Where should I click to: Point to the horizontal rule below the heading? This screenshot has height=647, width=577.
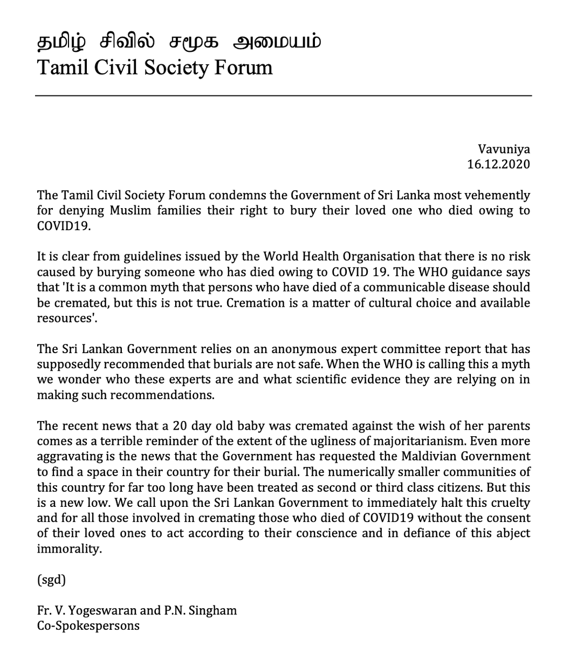pyautogui.click(x=284, y=96)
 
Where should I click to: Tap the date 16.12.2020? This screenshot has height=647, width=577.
pyautogui.click(x=498, y=164)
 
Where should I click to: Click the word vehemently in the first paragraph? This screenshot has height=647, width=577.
pyautogui.click(x=496, y=195)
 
